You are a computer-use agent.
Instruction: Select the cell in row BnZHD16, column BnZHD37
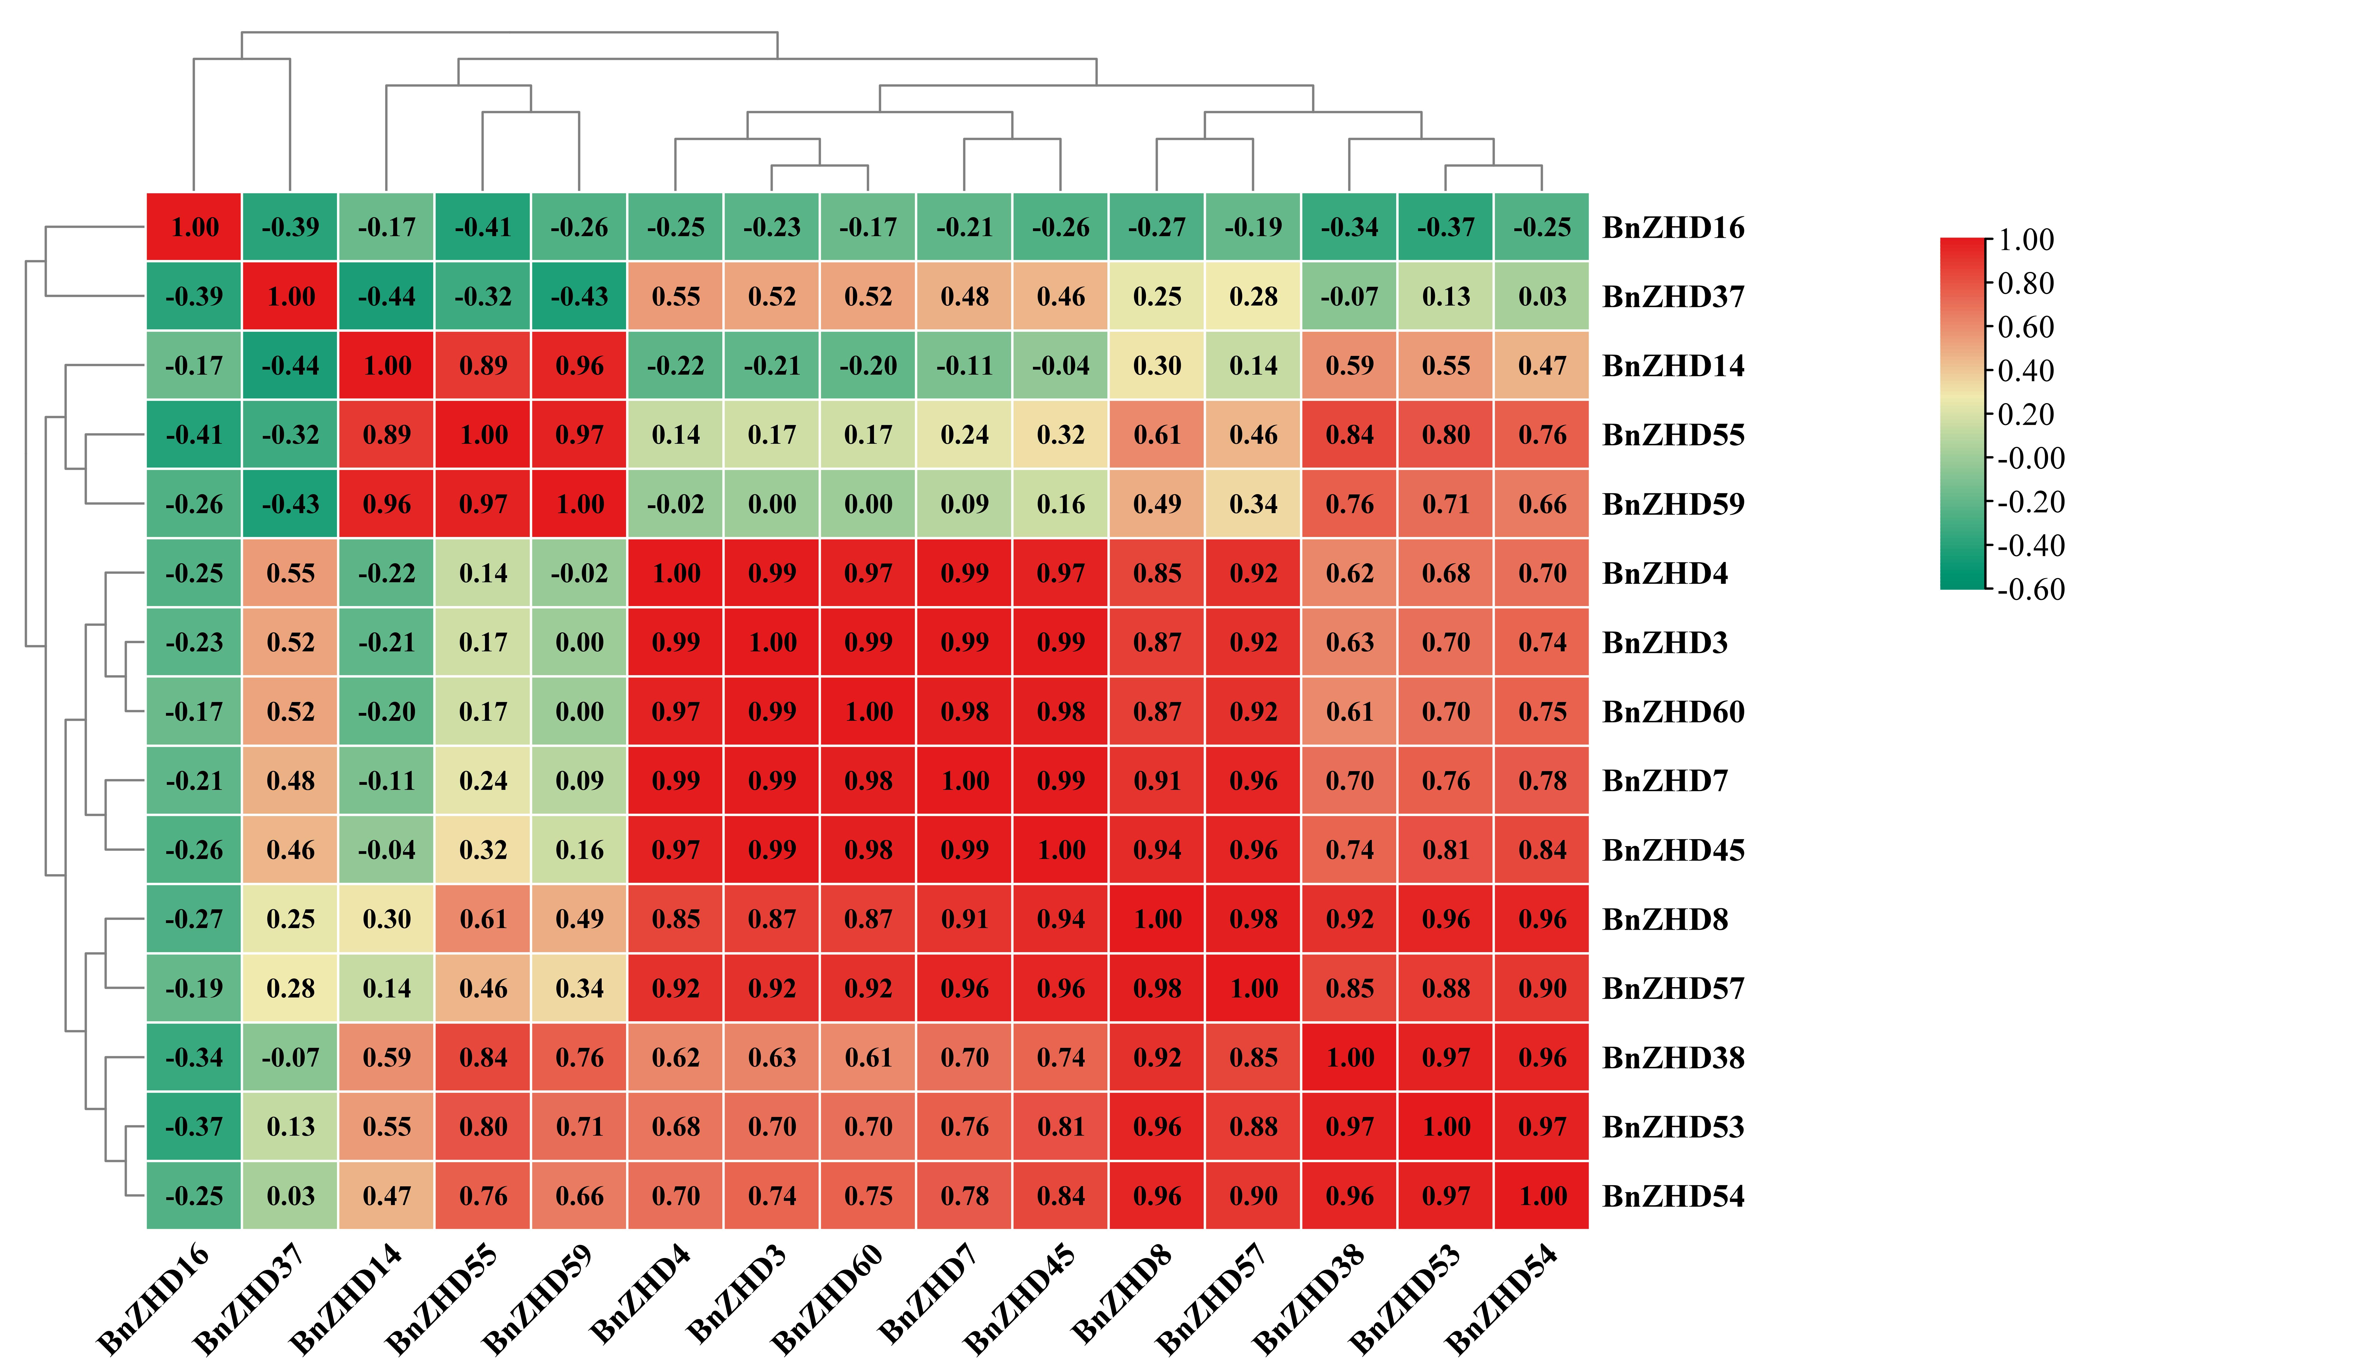click(x=290, y=227)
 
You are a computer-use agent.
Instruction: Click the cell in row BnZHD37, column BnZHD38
click(x=1350, y=296)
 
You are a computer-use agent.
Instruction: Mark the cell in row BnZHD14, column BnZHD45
click(x=1061, y=365)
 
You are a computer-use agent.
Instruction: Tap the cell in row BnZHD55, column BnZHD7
click(x=965, y=434)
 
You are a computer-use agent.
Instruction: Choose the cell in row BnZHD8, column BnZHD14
click(x=386, y=919)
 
